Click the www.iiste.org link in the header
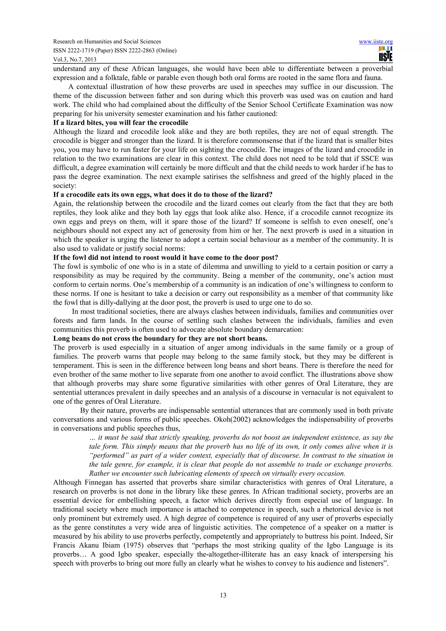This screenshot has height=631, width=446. click(376, 42)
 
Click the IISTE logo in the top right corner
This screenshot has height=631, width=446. click(385, 54)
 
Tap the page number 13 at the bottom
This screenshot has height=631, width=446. click(223, 595)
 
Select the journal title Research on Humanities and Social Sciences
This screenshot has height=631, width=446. click(107, 42)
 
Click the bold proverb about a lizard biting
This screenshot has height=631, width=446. click(121, 123)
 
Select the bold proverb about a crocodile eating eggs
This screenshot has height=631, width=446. click(163, 195)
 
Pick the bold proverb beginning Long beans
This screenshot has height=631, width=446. click(160, 338)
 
